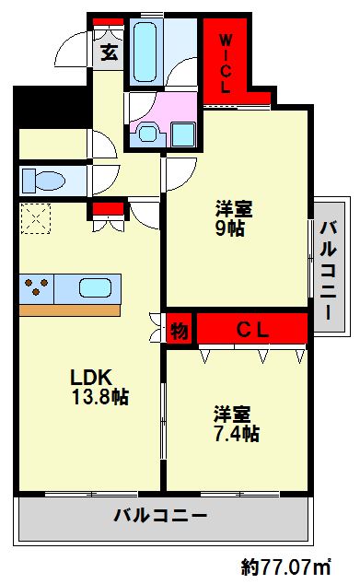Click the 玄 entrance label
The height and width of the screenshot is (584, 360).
coord(110,53)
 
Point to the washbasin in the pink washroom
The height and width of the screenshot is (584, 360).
coord(148,133)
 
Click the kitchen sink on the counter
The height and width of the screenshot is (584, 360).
coord(95,286)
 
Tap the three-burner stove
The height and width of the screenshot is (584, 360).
coord(38,286)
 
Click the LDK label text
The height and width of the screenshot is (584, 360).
coord(91,378)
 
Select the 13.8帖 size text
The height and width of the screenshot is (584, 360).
coord(99,398)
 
